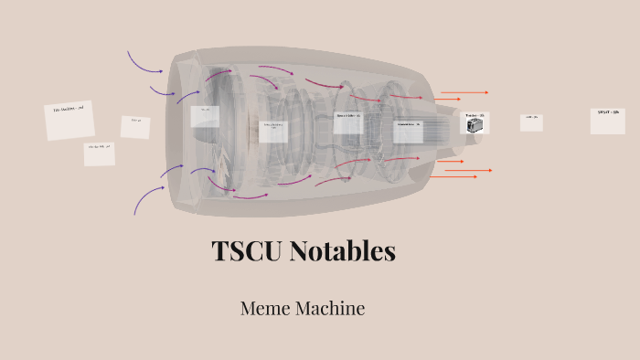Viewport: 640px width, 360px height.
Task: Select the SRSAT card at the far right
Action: [x=607, y=121]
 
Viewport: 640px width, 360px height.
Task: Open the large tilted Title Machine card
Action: [x=69, y=121]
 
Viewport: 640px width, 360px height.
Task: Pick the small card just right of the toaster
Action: [x=531, y=122]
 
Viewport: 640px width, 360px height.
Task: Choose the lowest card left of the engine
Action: [x=99, y=154]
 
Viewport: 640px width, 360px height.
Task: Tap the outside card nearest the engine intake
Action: [x=135, y=126]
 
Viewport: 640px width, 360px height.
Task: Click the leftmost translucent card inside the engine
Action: [x=204, y=116]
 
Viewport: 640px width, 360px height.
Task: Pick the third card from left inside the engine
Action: [x=348, y=122]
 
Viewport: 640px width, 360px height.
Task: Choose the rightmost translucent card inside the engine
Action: [x=408, y=131]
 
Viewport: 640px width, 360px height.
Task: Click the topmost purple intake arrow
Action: [x=144, y=62]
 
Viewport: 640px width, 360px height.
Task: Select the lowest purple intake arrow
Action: [x=147, y=198]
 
